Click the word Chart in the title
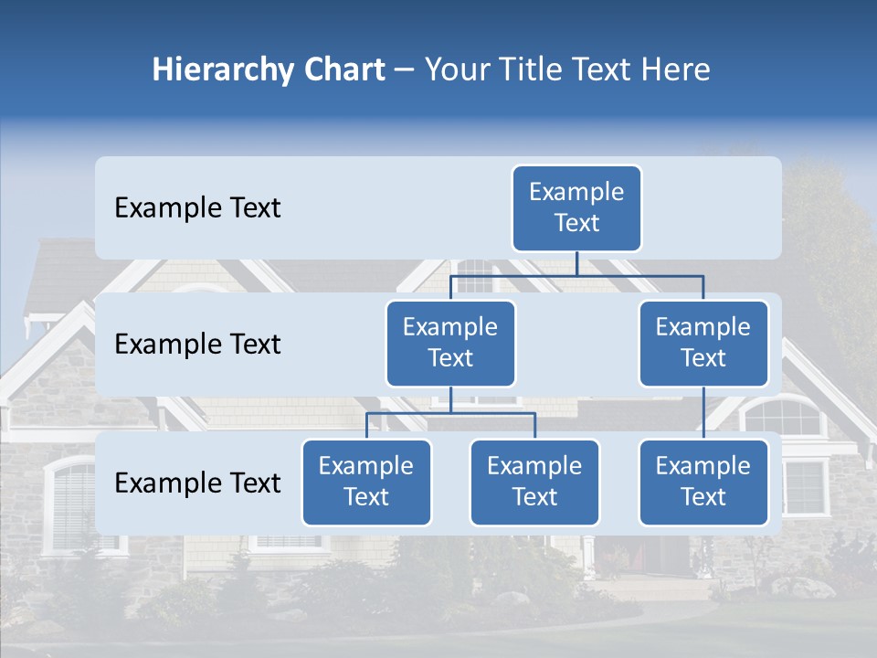click(x=342, y=70)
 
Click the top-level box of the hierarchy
click(x=576, y=208)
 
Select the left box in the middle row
click(x=450, y=343)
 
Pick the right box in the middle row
click(x=703, y=343)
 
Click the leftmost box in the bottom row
click(x=366, y=482)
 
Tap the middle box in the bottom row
click(x=534, y=482)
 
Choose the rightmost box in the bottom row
click(x=703, y=482)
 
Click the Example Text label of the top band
click(x=197, y=208)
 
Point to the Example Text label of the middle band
click(x=197, y=345)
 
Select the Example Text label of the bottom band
click(x=197, y=483)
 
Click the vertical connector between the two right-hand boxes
click(x=703, y=413)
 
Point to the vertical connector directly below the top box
click(x=576, y=263)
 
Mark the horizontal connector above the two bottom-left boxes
click(x=450, y=413)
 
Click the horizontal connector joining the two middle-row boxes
click(x=576, y=275)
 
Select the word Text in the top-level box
click(x=576, y=224)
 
